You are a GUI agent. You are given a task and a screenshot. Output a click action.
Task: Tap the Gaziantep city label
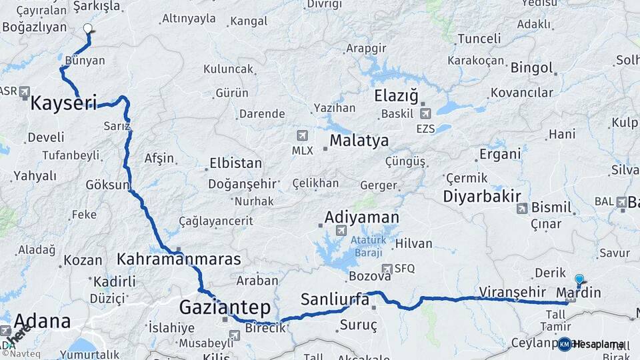coord(225,307)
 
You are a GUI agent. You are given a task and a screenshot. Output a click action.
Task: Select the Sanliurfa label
coord(335,299)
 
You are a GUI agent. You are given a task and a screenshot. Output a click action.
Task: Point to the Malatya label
coord(359,141)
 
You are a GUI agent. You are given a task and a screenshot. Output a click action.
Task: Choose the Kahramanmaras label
coord(179,259)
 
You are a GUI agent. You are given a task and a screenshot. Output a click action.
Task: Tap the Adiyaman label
coord(362,217)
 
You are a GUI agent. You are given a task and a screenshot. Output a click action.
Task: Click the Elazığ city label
coord(396,96)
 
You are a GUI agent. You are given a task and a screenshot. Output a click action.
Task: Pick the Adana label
coord(42,321)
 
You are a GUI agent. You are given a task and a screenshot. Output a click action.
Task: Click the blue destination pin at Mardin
coord(579,280)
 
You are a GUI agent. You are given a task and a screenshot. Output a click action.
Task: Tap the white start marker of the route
coord(88,28)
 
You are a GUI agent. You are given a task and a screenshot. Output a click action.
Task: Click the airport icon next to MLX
coord(303,136)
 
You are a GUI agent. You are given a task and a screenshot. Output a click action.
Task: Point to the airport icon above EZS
coord(425,113)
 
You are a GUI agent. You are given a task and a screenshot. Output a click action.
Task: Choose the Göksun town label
coord(107,185)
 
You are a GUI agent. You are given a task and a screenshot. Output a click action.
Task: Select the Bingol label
coord(532,67)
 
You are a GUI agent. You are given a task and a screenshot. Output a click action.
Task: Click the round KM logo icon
coord(565,344)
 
